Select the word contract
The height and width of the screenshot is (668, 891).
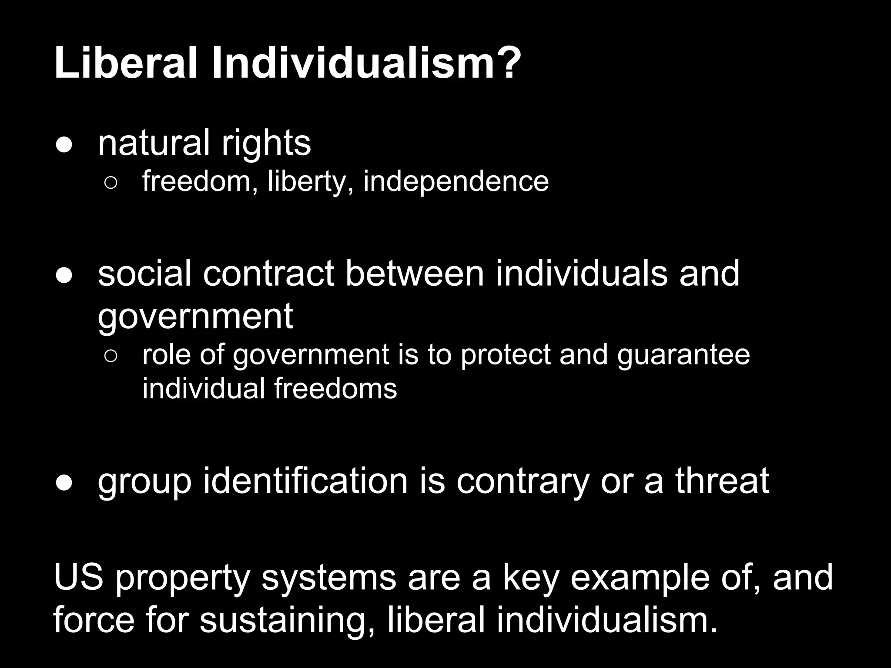coord(268,274)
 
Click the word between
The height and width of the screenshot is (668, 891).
coord(415,274)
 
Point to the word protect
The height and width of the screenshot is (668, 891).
coord(506,355)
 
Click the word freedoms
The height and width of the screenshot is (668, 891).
coord(335,388)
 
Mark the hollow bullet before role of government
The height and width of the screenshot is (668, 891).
coord(111,357)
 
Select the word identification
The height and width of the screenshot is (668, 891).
coord(305,481)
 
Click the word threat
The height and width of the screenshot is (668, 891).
coord(722,481)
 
